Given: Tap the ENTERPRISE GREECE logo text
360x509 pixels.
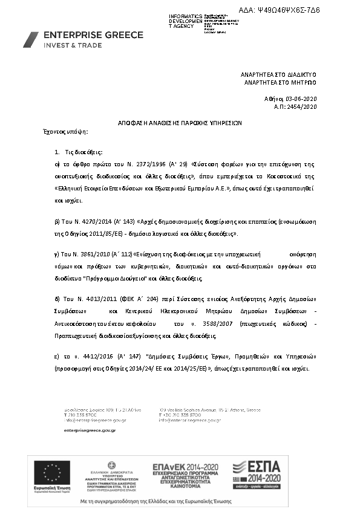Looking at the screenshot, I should point(93,35).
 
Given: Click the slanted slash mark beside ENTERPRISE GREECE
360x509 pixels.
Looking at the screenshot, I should point(31,40).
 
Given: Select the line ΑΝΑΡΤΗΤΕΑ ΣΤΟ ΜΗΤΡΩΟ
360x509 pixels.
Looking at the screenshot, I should point(280,82).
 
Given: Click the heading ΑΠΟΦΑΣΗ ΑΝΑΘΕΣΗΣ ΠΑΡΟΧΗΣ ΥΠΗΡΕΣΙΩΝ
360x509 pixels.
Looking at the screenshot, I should point(180,122).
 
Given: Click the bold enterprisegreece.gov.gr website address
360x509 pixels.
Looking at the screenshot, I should point(90,429).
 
